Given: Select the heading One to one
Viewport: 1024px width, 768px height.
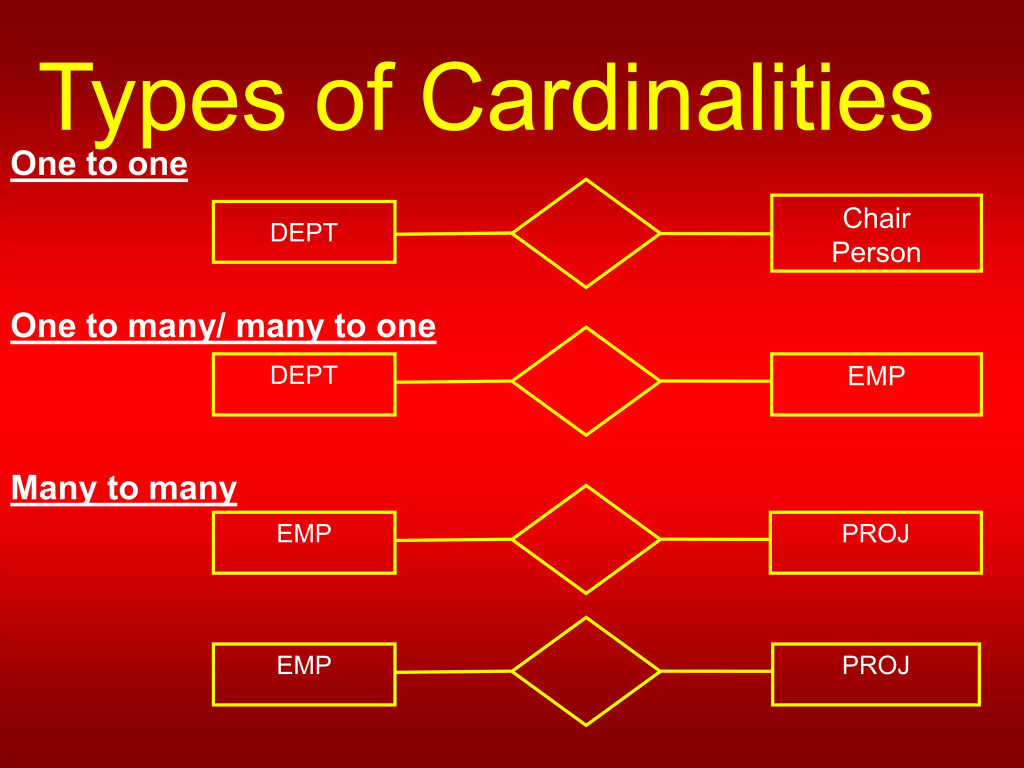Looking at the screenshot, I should coord(99,163).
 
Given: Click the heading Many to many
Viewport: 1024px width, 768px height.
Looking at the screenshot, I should coord(123,487).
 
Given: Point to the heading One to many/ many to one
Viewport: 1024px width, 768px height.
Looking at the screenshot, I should coord(223,326).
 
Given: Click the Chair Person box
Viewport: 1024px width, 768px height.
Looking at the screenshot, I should coord(876,233).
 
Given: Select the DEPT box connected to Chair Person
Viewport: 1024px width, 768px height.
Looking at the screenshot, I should coord(304,232).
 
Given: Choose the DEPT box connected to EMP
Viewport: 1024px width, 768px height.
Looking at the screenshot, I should coord(304,384).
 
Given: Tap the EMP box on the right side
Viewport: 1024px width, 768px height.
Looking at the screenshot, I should coord(876,384).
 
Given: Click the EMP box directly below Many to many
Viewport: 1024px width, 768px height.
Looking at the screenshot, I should coord(304,542).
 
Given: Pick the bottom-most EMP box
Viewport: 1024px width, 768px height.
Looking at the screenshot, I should coord(304,674).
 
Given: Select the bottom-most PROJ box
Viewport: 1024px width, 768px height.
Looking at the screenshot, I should coord(875,674).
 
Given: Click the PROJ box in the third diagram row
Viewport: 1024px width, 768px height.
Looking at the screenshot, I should coord(875,542).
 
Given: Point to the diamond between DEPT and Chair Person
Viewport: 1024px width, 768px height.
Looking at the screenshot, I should coord(586,233).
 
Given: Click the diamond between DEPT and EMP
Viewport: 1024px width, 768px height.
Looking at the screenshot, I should coord(586,381).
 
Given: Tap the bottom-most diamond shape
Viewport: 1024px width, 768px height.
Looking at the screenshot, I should coord(586,671).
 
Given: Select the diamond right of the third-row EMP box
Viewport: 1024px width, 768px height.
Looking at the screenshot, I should coord(586,539).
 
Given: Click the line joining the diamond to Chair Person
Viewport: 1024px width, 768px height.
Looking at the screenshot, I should coord(715,233).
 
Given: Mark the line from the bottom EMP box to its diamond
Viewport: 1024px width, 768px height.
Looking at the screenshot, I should coord(453,672).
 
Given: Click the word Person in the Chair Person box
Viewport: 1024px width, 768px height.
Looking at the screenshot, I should coord(876,252).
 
